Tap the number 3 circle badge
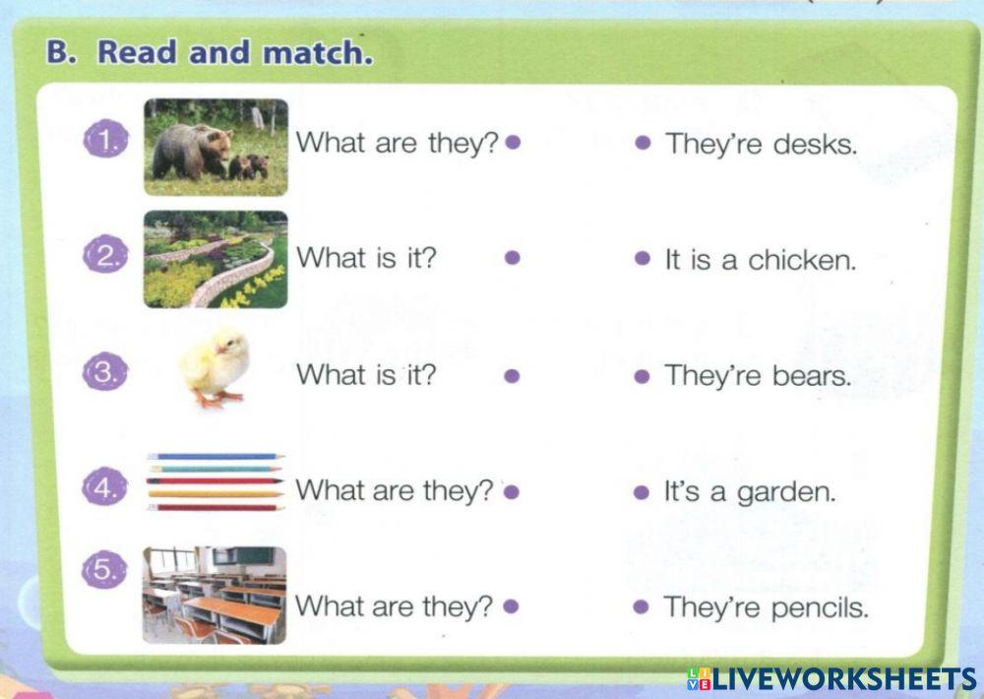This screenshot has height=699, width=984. tap(103, 374)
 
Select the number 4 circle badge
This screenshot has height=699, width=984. tap(103, 487)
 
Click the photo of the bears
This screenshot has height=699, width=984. tap(216, 147)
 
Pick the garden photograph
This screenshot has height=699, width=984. tap(216, 259)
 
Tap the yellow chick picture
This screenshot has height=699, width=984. tap(215, 368)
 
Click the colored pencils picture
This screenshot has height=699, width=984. tap(215, 481)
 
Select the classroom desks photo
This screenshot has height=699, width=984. tap(215, 595)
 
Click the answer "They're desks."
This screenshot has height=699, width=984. tap(761, 144)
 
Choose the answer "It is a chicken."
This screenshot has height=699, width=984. tap(761, 260)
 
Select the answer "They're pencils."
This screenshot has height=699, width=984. tap(766, 607)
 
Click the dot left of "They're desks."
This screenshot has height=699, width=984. tap(643, 143)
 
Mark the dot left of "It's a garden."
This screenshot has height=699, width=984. tap(643, 491)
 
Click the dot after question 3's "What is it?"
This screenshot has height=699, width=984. tap(511, 375)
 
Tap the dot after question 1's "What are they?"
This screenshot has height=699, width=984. tap(512, 143)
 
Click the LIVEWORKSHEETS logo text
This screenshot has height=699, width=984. tap(842, 678)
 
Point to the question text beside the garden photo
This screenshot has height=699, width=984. tap(366, 258)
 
